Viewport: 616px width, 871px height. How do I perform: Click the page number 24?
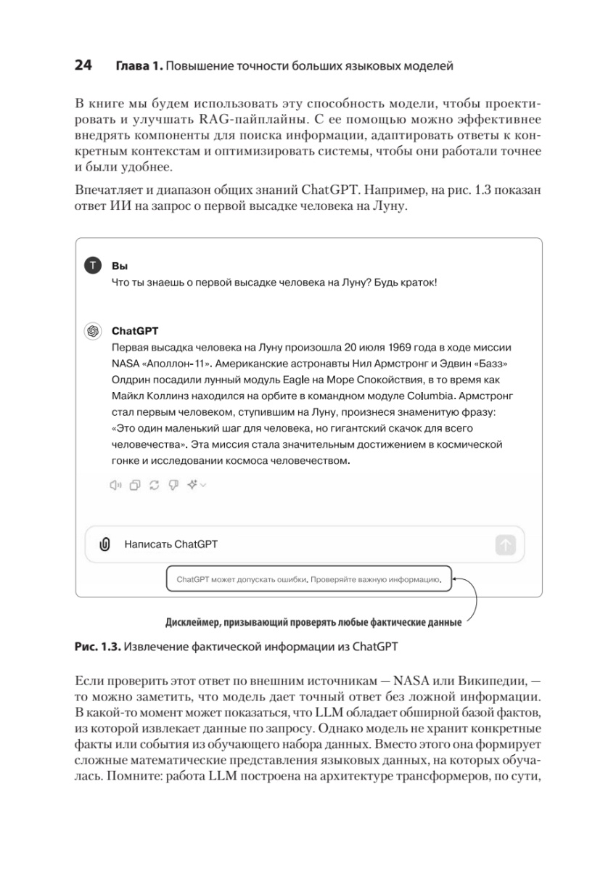(x=83, y=66)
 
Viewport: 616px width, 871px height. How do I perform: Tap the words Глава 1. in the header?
(x=138, y=67)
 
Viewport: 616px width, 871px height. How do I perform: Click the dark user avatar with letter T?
(x=93, y=266)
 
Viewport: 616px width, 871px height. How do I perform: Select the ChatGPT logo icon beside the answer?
(x=93, y=330)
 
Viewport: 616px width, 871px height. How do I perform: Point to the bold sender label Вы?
(x=118, y=266)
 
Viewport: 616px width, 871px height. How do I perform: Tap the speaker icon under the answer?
(x=115, y=486)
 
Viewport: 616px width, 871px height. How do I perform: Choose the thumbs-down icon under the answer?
(x=173, y=486)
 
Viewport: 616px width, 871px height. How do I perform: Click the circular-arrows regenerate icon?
(x=154, y=486)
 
